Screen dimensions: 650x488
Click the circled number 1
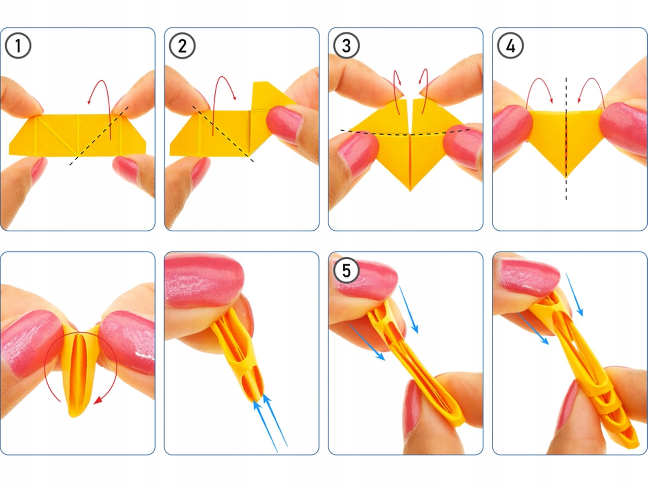[18, 46]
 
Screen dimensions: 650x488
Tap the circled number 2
[182, 46]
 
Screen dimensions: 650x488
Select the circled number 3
[346, 46]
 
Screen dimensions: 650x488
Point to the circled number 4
[510, 46]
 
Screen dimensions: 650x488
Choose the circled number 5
[346, 270]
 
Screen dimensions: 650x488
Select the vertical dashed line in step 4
[566, 139]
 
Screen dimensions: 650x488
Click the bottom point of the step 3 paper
[410, 191]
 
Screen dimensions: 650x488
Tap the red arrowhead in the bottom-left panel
[98, 401]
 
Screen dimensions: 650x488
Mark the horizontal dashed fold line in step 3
[405, 133]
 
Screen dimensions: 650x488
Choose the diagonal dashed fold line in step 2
[223, 134]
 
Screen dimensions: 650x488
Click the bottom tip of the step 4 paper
[566, 177]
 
